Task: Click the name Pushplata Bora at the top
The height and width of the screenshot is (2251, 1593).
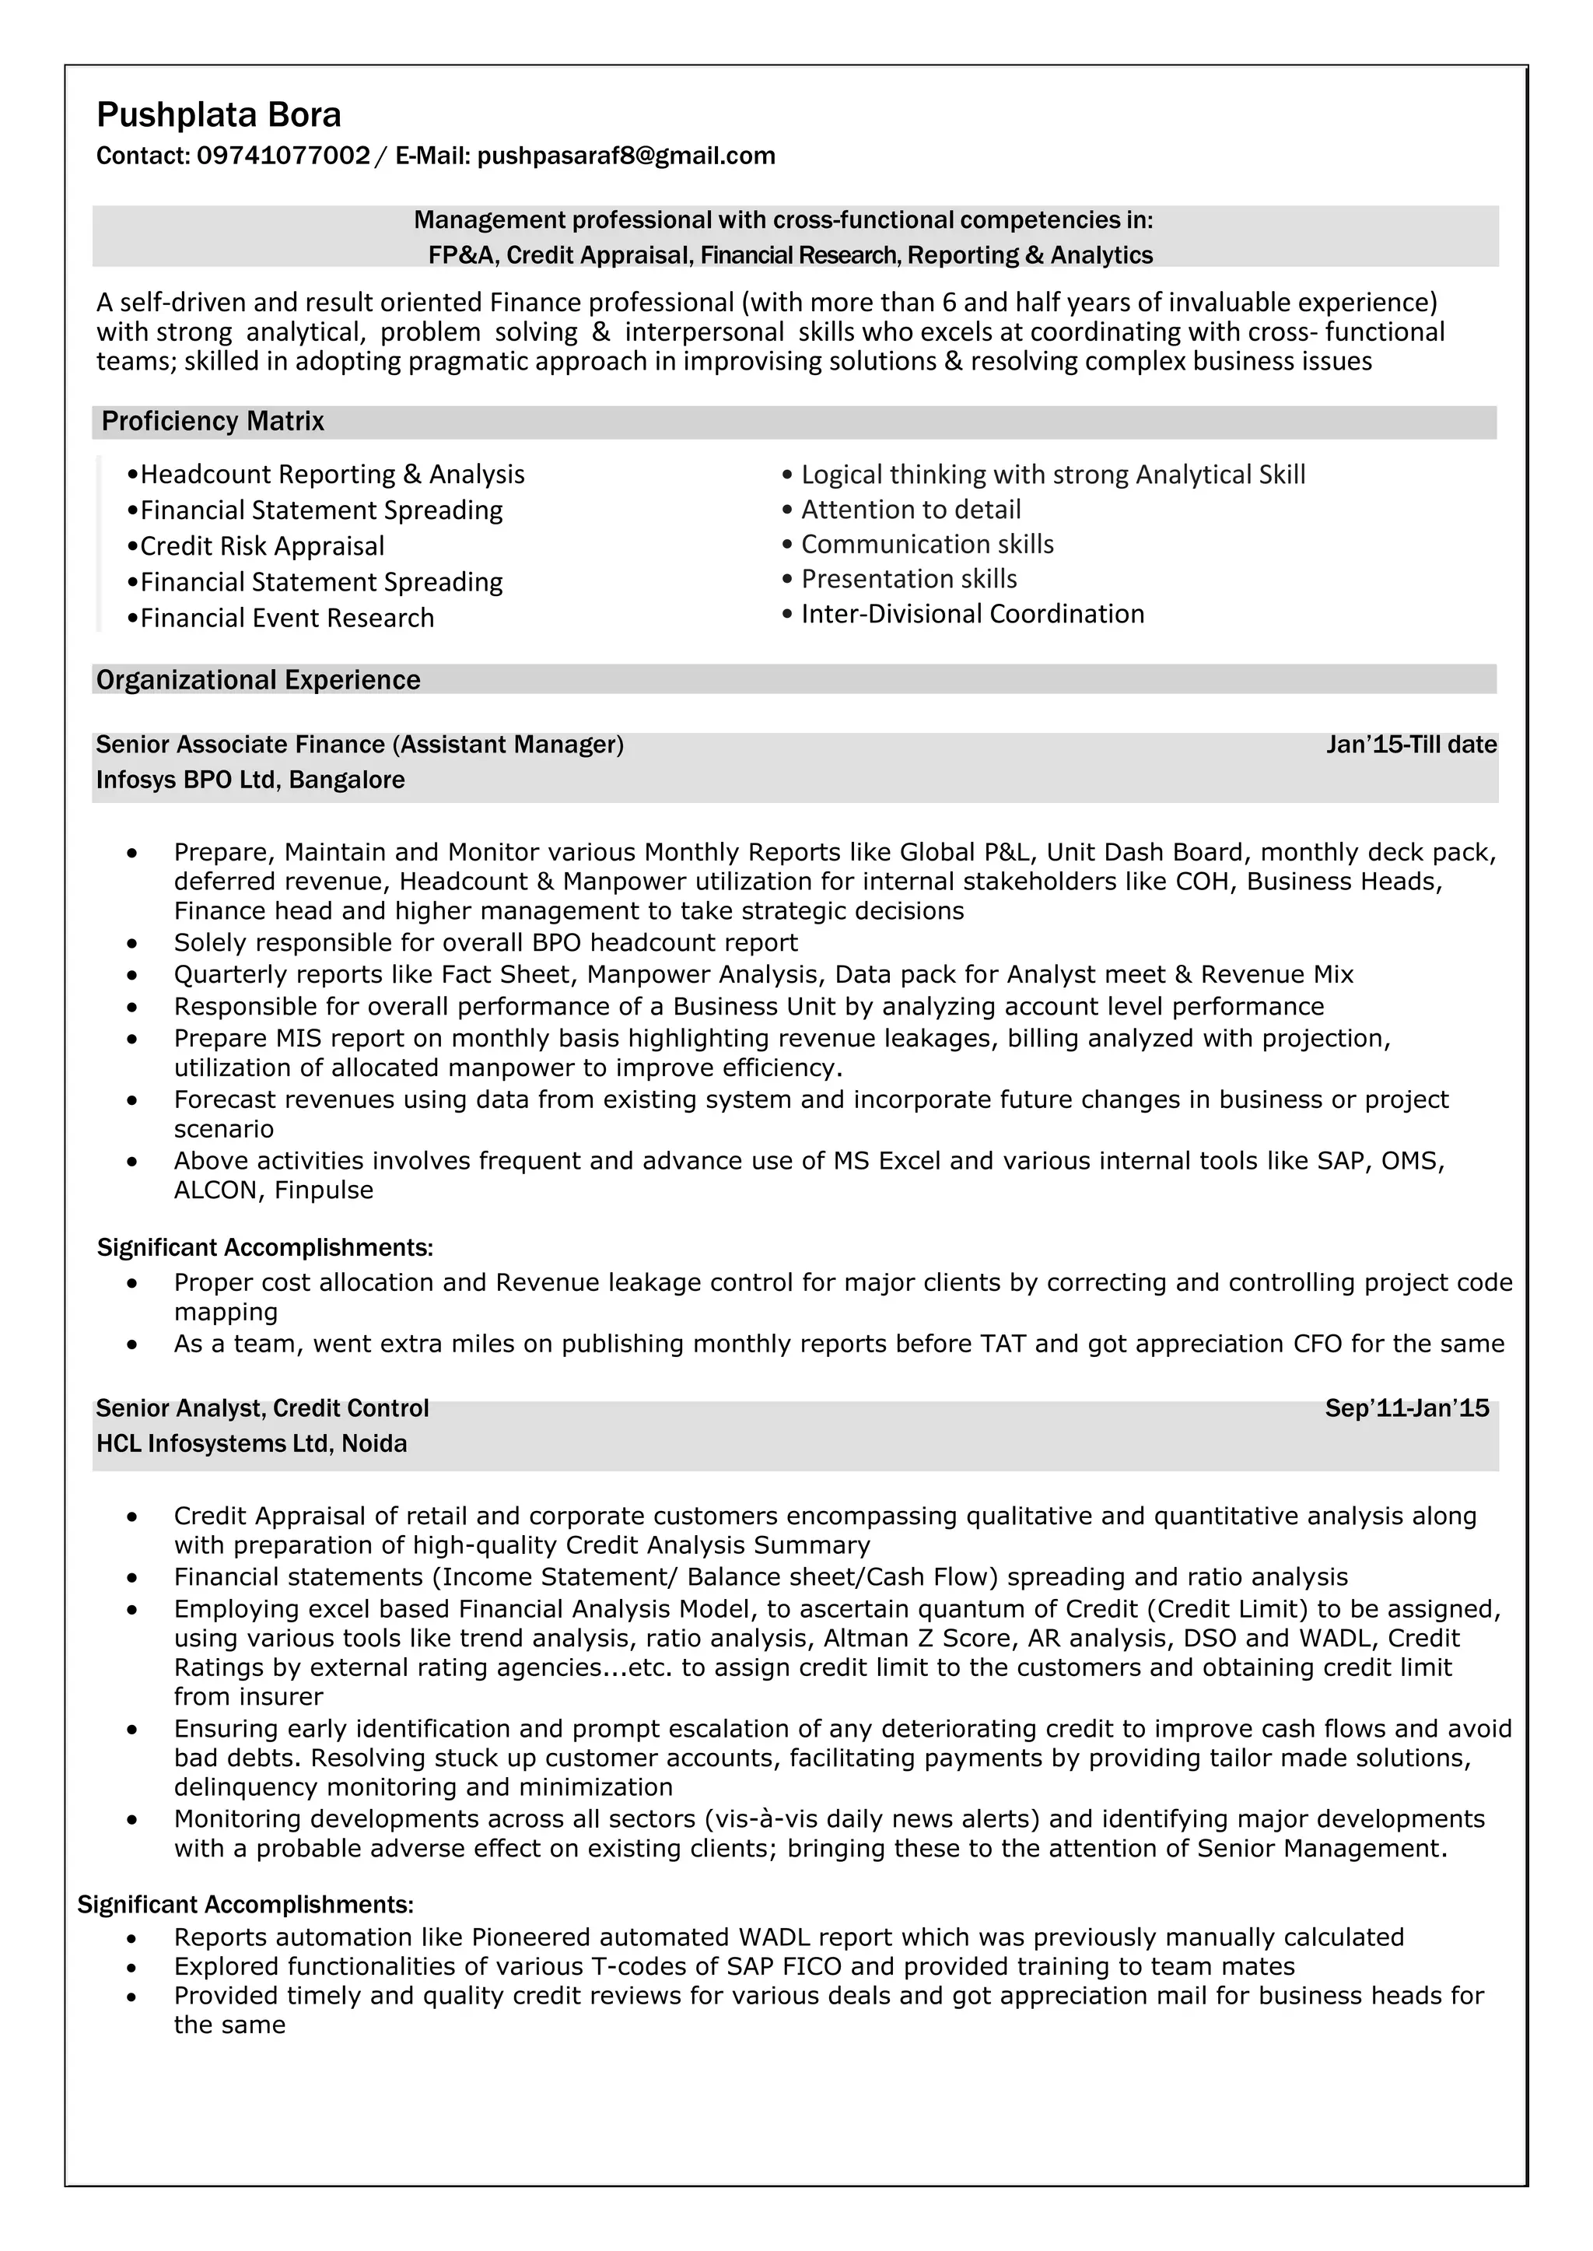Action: tap(219, 116)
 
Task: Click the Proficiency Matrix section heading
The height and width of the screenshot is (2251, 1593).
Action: tap(213, 422)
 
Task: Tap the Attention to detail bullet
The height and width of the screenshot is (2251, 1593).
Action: tap(910, 510)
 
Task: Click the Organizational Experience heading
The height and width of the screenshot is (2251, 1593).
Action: tap(258, 680)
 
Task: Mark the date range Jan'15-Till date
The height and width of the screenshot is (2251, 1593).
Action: tap(1410, 745)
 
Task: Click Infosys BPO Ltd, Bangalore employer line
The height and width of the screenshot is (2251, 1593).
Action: tap(250, 780)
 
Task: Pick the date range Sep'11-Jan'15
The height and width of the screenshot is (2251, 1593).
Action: tap(1406, 1409)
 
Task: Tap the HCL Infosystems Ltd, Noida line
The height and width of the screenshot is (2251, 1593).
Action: tap(251, 1443)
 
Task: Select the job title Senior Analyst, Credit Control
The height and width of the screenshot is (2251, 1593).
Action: tap(262, 1409)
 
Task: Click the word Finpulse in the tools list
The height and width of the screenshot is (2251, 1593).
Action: tap(324, 1190)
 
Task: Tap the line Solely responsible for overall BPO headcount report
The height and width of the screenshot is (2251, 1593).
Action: tap(485, 943)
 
